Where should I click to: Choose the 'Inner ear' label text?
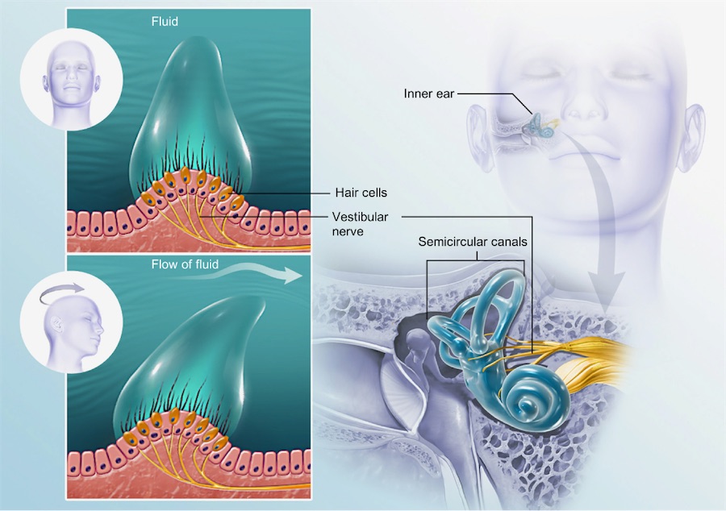point(429,94)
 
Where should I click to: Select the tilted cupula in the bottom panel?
point(194,355)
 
